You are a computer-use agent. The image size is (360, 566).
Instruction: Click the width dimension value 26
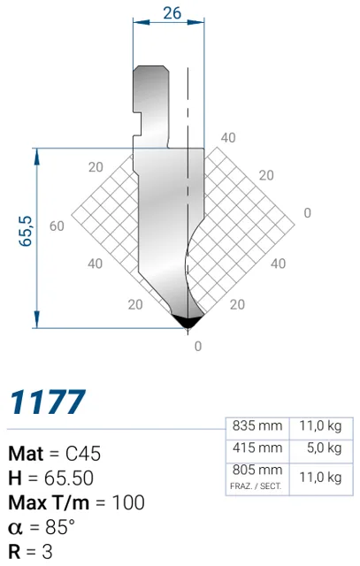(x=172, y=13)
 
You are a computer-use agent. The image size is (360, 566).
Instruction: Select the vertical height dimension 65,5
(x=26, y=231)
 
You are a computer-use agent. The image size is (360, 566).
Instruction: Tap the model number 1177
(x=48, y=402)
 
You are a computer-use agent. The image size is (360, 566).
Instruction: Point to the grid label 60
(x=57, y=226)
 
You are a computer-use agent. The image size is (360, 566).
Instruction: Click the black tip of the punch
(x=187, y=320)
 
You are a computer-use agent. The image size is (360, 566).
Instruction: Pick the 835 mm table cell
(x=257, y=426)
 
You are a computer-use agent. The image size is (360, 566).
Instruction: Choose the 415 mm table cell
(x=257, y=448)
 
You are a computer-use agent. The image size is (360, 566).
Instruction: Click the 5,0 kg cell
(x=324, y=448)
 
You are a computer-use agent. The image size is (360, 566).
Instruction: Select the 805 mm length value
(x=257, y=470)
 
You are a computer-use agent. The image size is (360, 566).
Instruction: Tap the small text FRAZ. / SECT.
(x=256, y=486)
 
